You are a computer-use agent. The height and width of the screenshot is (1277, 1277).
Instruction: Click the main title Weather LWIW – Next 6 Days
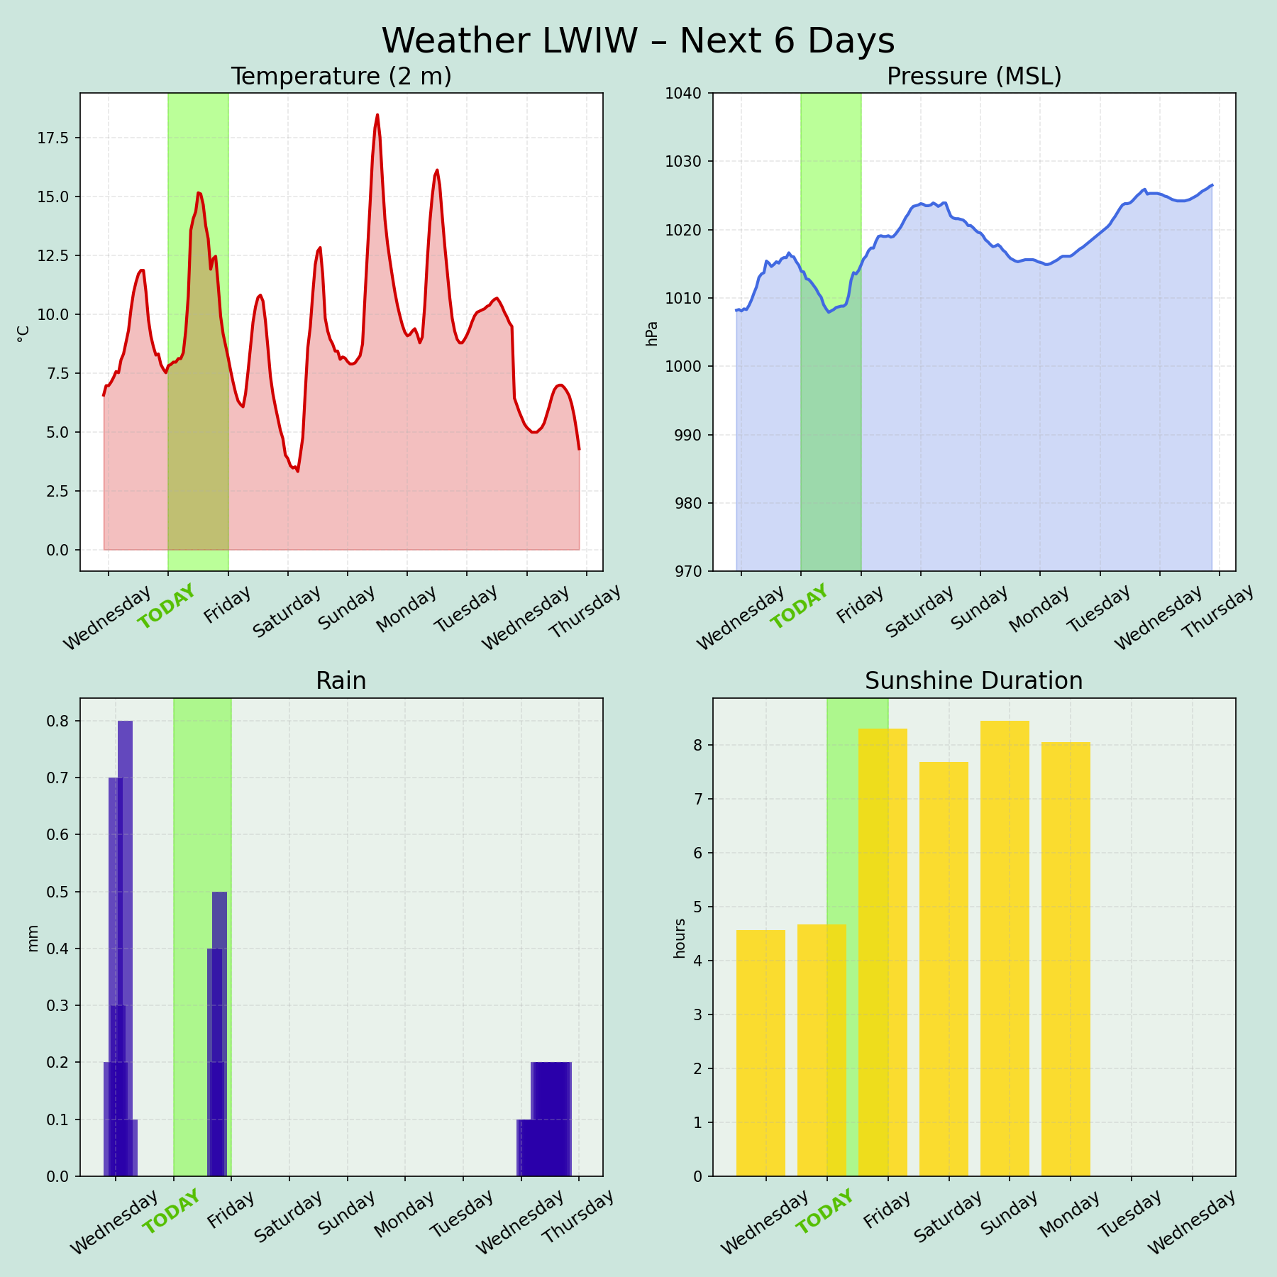(638, 41)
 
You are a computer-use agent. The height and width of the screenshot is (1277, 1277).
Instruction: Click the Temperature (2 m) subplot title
(341, 77)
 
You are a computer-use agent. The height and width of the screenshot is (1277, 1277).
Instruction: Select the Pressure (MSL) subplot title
(974, 77)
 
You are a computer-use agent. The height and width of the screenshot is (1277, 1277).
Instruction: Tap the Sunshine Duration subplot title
(974, 681)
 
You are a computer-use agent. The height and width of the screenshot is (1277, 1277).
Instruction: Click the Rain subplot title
(341, 681)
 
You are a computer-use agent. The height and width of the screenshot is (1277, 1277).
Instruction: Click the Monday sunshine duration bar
(1066, 958)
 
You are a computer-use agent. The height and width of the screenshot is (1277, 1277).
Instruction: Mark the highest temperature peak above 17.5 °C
(377, 115)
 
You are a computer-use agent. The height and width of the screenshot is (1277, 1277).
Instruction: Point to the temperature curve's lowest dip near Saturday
(297, 471)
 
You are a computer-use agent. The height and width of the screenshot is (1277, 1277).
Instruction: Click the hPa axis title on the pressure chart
(652, 333)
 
